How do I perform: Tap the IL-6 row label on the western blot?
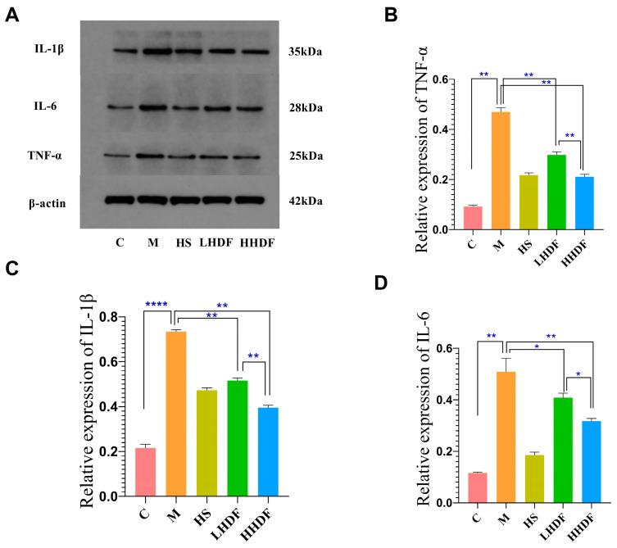40,106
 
